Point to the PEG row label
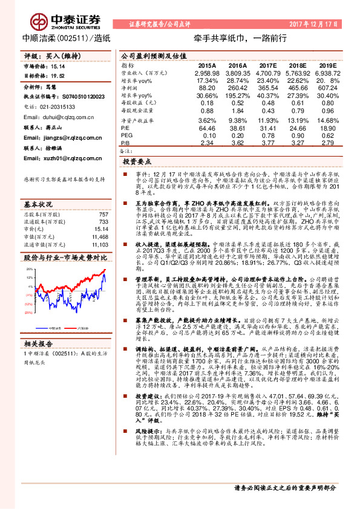point(126,135)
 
